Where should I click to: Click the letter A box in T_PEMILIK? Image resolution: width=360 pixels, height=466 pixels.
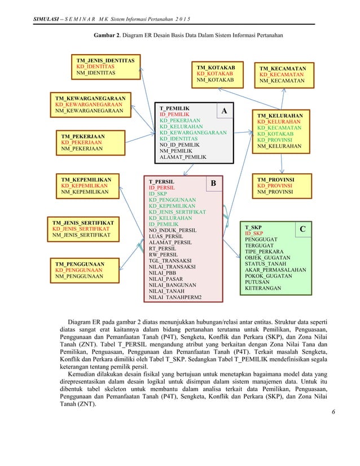pos(224,111)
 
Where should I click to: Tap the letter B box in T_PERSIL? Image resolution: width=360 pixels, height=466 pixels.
pos(213,183)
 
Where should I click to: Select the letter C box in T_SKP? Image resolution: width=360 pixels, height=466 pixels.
pos(302,229)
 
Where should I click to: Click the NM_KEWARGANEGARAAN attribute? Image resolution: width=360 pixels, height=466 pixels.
pos(89,111)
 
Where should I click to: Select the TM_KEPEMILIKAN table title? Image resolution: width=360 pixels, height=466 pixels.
pos(86,179)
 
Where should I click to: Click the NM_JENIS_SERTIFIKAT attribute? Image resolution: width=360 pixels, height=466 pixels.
pos(81,235)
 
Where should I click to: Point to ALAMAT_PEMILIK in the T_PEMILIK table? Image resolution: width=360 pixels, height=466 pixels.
pos(183,157)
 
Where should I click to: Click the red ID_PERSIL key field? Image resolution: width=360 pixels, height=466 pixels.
pos(161,187)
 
